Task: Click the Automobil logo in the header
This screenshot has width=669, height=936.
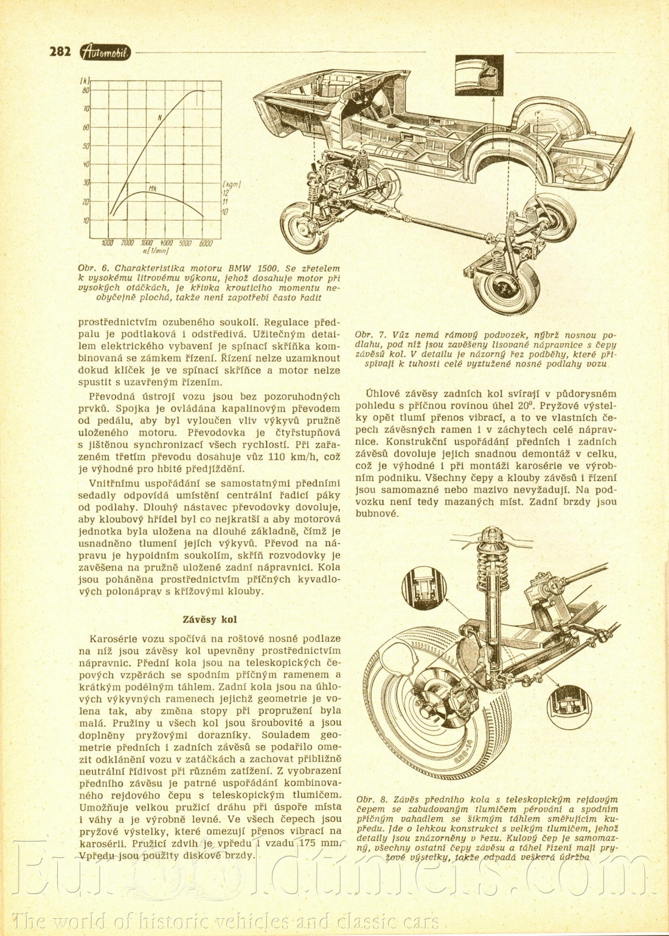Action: pyautogui.click(x=105, y=53)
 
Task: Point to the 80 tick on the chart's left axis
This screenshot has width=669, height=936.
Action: pyautogui.click(x=86, y=91)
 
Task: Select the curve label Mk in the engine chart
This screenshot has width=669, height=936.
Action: pyautogui.click(x=153, y=189)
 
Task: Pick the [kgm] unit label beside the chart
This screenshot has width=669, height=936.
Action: pyautogui.click(x=232, y=183)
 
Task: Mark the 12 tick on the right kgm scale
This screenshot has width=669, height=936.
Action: pyautogui.click(x=225, y=192)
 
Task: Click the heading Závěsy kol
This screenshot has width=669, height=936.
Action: pyautogui.click(x=210, y=620)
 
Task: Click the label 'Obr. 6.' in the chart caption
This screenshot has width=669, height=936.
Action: pyautogui.click(x=91, y=268)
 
